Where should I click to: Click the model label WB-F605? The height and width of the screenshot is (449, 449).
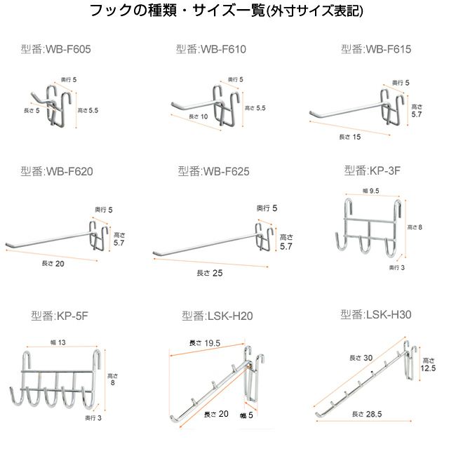pos(56,50)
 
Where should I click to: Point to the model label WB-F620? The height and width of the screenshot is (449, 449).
pos(57,171)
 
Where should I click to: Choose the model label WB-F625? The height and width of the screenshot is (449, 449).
pos(213,171)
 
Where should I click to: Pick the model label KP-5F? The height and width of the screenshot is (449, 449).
pos(60,316)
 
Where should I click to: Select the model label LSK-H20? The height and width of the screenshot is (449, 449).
pos(217,316)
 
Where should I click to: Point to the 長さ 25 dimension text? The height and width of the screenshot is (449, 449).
pos(210,272)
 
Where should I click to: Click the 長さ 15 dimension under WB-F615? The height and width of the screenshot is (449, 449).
pos(350,136)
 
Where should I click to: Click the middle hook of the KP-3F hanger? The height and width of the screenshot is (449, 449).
pos(366,246)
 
